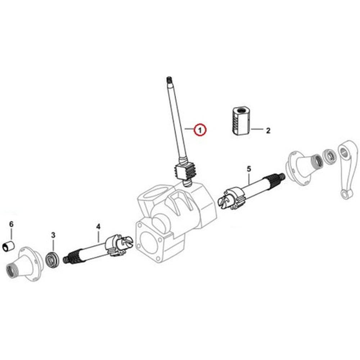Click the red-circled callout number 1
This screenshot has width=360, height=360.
pos(200,129)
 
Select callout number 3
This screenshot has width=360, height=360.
pos(53,235)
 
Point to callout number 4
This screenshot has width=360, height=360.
pos(98,226)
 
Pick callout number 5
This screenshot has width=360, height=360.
pos(249,168)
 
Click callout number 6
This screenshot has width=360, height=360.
pos(11,224)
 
